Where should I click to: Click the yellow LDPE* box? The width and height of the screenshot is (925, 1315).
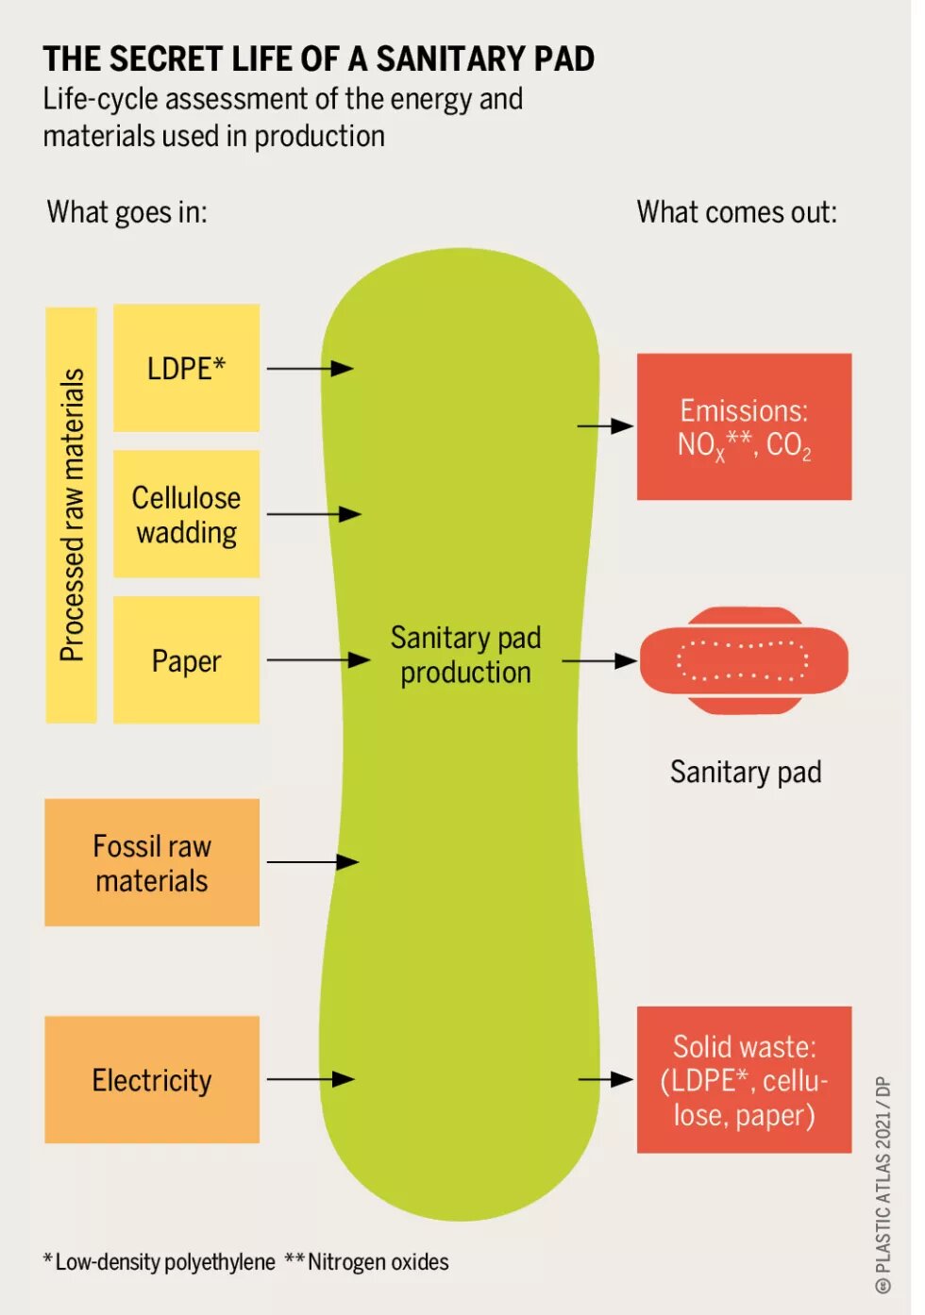tap(186, 368)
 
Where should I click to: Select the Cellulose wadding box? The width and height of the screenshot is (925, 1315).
tap(186, 514)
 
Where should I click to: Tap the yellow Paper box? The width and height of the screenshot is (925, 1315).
tap(186, 660)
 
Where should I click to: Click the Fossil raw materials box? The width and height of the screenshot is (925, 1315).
tap(152, 862)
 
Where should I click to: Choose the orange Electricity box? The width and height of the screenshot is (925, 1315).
tap(152, 1079)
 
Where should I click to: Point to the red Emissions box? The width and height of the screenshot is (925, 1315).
tap(744, 426)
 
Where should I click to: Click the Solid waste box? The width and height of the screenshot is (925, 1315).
tap(744, 1079)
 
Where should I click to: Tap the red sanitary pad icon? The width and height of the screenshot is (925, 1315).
tap(744, 660)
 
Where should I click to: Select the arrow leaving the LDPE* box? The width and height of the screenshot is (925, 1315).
tap(310, 368)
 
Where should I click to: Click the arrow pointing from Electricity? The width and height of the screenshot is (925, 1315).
tap(310, 1079)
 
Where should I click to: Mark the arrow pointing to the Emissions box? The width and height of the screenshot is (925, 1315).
tap(605, 426)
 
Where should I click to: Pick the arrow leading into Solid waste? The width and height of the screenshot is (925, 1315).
tap(605, 1079)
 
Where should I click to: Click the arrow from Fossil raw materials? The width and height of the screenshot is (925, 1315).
tap(311, 862)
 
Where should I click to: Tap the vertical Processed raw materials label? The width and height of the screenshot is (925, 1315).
tap(72, 515)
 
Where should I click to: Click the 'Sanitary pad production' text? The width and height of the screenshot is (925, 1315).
tap(465, 655)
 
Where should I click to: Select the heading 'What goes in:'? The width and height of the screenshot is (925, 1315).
tap(126, 212)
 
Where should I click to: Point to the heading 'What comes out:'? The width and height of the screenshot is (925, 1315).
tap(736, 212)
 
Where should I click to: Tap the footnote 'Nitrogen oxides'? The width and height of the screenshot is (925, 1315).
tap(378, 1262)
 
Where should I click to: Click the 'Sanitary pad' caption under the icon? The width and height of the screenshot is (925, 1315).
tap(745, 773)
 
